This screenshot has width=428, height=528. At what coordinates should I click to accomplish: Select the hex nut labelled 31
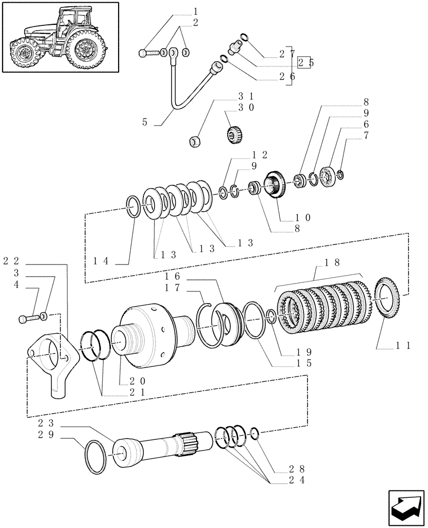click(194, 141)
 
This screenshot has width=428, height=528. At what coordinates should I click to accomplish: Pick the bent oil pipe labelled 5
click(179, 90)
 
